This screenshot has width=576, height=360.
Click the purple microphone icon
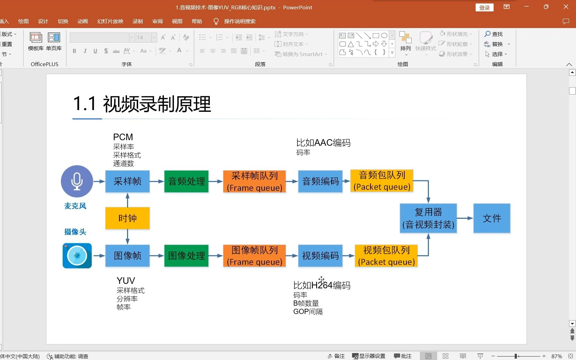77,181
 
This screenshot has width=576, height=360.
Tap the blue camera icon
77,256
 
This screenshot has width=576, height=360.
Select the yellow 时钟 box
127,218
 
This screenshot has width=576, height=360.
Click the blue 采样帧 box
127,181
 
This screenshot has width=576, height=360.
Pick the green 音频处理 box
186,181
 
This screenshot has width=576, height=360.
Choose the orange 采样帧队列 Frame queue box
254,181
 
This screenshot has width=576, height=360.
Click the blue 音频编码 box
320,181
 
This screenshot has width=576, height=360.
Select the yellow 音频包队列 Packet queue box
382,181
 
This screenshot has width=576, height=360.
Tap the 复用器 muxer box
428,218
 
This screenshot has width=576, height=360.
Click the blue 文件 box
492,218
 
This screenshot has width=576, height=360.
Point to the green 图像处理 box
186,256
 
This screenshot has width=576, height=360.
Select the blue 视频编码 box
320,256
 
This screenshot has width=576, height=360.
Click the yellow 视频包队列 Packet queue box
386,256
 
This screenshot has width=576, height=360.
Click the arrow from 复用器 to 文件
465,218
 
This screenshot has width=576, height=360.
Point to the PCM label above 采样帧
123,137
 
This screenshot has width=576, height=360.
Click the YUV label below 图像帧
126,281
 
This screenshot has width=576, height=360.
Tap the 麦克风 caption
75,206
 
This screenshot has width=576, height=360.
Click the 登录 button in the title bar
484,8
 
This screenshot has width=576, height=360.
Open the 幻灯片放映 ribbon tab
110,21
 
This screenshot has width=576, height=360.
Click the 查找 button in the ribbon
494,34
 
